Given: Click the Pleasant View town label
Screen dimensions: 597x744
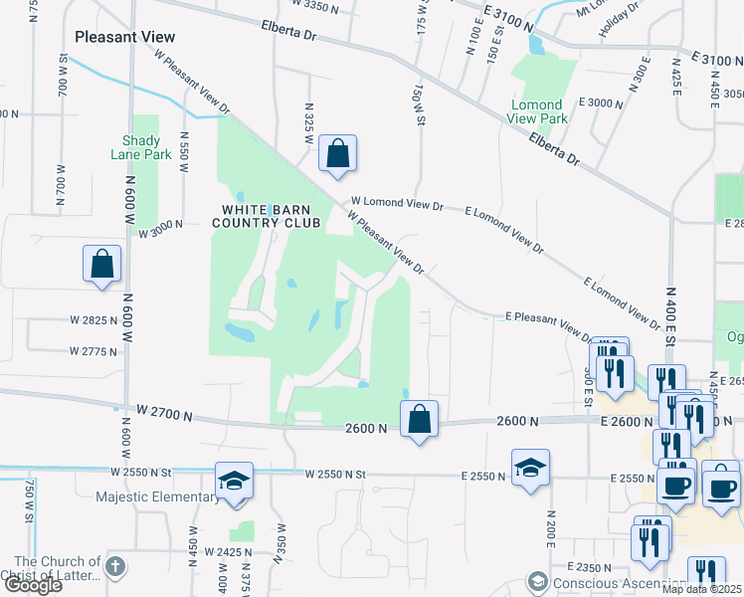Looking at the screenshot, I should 124,37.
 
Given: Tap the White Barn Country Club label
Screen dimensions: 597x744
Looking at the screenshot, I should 271,216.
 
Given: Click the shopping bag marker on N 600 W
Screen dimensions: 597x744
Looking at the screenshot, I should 102,265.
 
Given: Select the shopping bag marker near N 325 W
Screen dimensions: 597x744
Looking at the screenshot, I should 337,154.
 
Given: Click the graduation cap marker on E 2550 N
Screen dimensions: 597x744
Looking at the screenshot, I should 531,469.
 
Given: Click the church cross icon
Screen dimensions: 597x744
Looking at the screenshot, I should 115,567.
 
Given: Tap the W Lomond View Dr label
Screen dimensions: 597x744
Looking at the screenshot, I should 397,205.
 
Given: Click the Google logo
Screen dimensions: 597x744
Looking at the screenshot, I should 32,585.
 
